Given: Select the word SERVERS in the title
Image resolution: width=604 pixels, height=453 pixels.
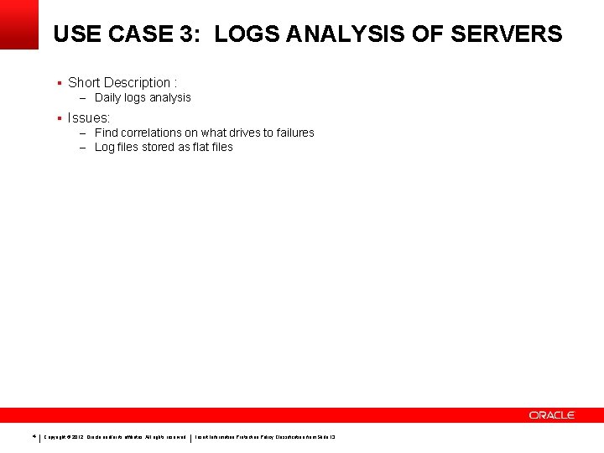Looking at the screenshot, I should click(x=507, y=34).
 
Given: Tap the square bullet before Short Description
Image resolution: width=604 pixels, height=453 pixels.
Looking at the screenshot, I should click(x=59, y=82).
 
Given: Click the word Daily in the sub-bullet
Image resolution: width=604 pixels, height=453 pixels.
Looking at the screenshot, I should click(x=109, y=97).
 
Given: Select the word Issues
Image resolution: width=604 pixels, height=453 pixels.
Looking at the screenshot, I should click(x=88, y=117).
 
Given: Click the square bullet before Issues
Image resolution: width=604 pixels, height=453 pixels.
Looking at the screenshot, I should click(x=59, y=117).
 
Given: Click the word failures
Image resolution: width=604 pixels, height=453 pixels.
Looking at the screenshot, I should click(x=293, y=133).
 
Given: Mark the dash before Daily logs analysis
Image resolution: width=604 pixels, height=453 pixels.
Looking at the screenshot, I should click(x=84, y=98).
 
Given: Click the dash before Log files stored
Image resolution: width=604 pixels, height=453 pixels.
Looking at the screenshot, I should click(x=84, y=148).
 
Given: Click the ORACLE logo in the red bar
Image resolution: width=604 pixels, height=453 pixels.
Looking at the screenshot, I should click(x=551, y=415).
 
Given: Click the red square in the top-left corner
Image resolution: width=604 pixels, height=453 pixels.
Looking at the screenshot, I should click(x=19, y=23).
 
